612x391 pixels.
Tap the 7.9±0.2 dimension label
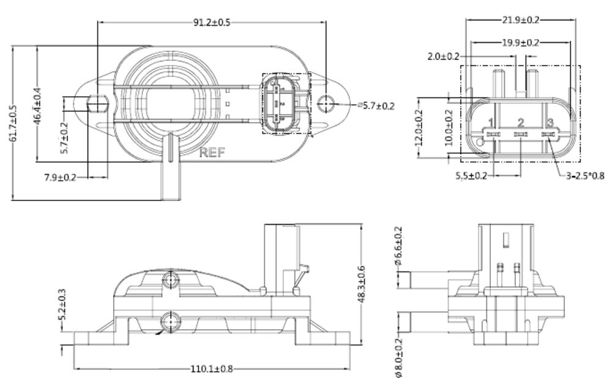(61, 178)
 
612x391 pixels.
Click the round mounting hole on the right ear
(327, 104)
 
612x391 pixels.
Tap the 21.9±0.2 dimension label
(521, 20)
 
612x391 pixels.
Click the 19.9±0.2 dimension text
(521, 43)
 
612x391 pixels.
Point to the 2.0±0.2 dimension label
(443, 56)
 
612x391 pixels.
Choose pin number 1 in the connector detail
(491, 123)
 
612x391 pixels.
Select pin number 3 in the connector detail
(550, 123)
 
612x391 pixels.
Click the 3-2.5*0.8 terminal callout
(586, 176)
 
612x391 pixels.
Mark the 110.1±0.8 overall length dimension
(212, 369)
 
